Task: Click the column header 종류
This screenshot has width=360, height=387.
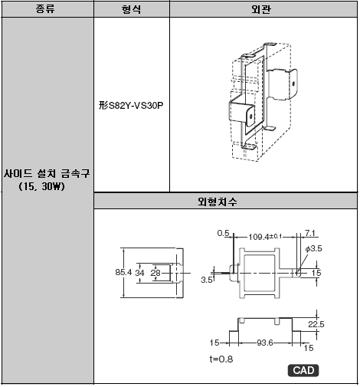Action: [x=45, y=9]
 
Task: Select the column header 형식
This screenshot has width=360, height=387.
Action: [x=131, y=9]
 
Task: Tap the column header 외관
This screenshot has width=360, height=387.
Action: [x=261, y=9]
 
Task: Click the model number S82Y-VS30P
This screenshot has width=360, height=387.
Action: [x=136, y=106]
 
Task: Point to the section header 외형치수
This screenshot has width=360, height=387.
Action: [x=218, y=202]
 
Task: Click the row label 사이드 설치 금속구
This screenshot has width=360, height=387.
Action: [x=47, y=174]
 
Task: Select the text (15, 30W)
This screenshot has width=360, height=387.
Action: [x=42, y=186]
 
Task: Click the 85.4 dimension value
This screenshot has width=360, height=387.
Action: [x=123, y=272]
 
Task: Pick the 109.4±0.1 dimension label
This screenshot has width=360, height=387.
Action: [x=265, y=237]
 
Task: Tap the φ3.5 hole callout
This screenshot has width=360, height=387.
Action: [x=314, y=248]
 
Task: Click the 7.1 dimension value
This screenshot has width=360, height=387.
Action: [x=310, y=233]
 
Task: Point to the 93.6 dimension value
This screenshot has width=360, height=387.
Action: [x=265, y=343]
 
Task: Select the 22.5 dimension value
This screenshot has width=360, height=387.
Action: [x=316, y=324]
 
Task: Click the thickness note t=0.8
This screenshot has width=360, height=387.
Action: [x=221, y=359]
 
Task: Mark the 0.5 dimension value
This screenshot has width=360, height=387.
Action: [x=223, y=233]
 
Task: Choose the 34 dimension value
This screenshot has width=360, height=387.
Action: [x=139, y=273]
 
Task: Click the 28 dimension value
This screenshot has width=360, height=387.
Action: [x=155, y=273]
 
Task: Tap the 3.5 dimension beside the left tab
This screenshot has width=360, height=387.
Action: [x=206, y=280]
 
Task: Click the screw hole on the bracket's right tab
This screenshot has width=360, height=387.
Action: [x=293, y=84]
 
